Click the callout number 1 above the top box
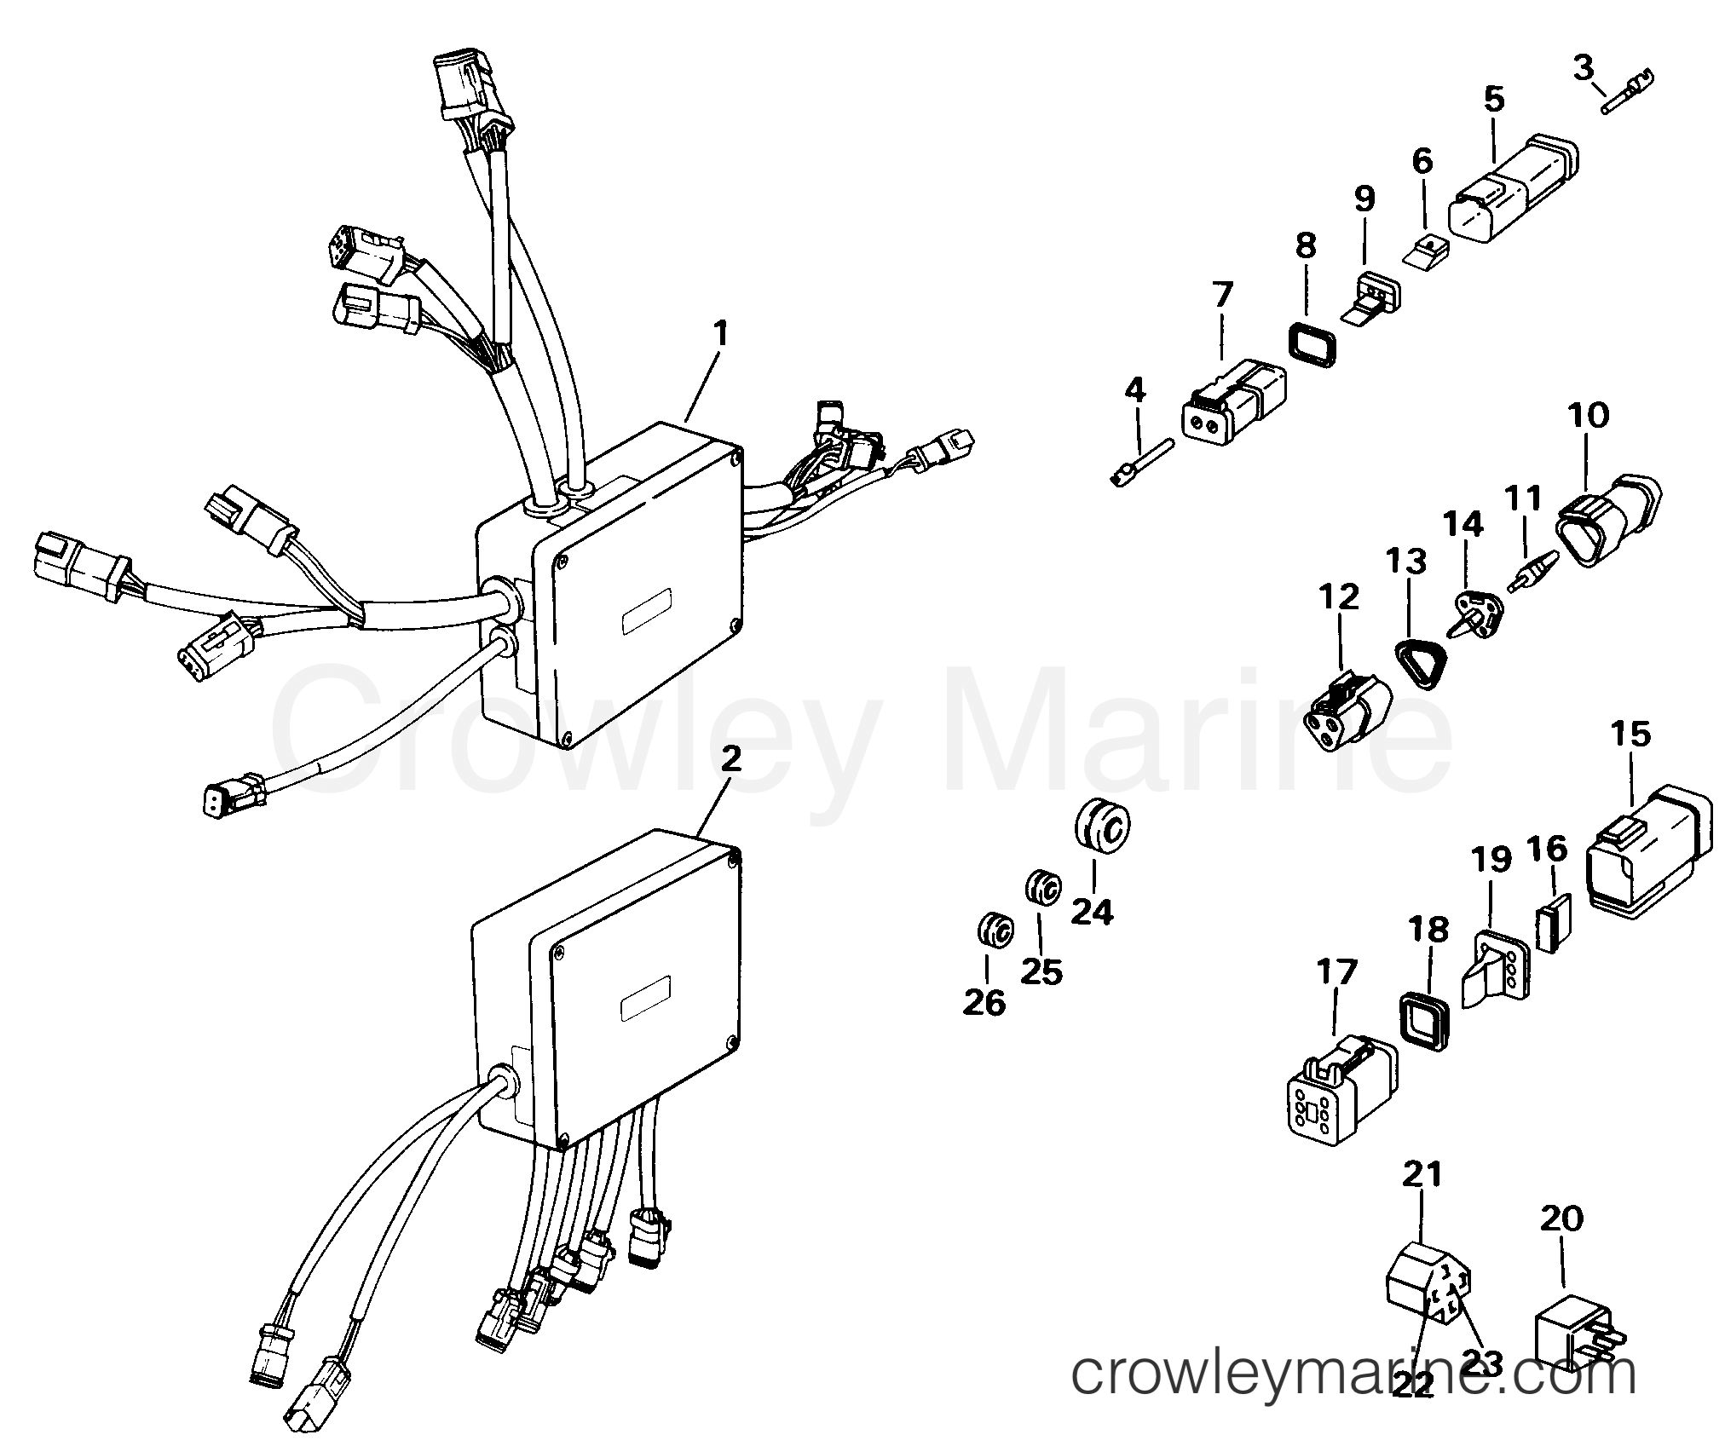721,334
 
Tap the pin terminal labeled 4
1143,460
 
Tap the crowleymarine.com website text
1353,1375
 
